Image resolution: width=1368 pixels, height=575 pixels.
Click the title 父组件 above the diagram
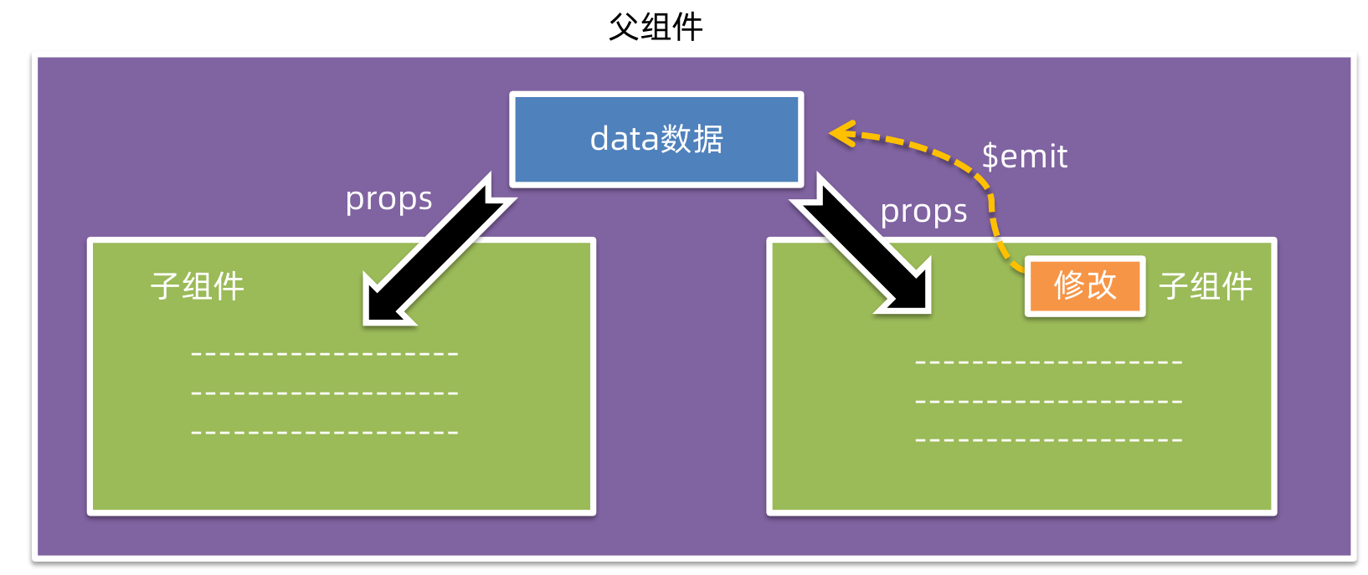coord(656,27)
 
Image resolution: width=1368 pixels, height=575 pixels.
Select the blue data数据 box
coord(656,139)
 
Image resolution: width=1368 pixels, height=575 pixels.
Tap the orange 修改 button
coord(1085,286)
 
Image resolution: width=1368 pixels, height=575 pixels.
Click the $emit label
coord(1025,157)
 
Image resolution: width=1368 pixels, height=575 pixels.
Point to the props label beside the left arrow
coord(388,199)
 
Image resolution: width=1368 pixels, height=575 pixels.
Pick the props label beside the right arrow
coord(923,212)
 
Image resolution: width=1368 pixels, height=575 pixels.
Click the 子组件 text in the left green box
coord(198,286)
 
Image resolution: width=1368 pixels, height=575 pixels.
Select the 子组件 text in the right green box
coord(1206,286)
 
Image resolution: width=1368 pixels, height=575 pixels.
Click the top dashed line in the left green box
coord(325,354)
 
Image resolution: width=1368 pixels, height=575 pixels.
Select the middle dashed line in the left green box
coord(325,393)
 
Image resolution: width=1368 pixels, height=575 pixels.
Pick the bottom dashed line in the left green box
coord(325,433)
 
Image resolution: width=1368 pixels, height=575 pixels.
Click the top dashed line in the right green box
coord(1049,362)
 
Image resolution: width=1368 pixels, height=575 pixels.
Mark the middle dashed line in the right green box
coord(1049,402)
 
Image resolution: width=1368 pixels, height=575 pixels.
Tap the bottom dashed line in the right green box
coord(1049,440)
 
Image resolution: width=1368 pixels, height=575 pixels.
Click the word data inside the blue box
coord(624,139)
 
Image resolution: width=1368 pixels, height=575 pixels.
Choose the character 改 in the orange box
coord(1102,286)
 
